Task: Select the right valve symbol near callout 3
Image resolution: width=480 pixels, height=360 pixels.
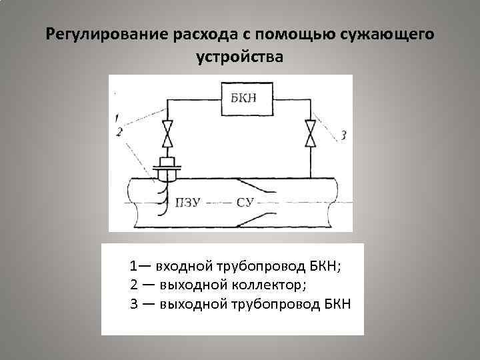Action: (x=309, y=133)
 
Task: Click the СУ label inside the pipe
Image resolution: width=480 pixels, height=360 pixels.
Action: (x=245, y=201)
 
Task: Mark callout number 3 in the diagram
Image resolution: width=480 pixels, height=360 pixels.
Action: (x=343, y=136)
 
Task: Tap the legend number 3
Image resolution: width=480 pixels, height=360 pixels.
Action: (x=134, y=305)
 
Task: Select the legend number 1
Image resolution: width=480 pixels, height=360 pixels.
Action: (x=134, y=267)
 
